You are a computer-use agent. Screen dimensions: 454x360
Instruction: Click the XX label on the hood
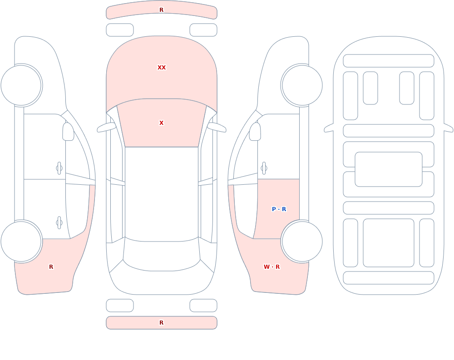162,68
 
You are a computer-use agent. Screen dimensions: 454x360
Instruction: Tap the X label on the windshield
162,123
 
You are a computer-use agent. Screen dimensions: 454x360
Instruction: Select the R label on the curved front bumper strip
162,10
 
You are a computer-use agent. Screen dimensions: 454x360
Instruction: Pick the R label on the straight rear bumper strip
162,323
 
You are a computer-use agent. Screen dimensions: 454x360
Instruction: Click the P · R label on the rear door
279,209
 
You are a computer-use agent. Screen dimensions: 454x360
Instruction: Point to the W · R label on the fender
271,267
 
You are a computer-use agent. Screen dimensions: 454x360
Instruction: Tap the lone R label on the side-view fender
51,267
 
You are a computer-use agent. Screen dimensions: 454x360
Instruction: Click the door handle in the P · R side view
264,168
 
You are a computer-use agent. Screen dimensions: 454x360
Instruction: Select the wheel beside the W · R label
302,241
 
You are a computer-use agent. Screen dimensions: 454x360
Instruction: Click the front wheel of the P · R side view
302,85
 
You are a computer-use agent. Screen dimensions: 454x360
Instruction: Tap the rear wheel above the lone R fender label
21,241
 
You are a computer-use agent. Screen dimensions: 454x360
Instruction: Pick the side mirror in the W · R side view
255,132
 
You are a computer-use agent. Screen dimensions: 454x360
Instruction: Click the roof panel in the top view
162,193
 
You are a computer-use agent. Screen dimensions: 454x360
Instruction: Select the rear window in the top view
162,254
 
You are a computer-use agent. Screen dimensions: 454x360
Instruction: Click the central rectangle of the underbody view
389,169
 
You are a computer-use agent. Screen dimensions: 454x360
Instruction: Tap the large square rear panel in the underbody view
389,243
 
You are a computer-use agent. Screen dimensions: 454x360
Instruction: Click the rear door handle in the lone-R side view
59,223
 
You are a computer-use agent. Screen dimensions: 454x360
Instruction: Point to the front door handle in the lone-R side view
59,168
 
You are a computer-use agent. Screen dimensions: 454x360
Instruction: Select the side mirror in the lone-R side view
69,132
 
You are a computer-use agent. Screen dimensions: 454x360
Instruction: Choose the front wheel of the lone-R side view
21,85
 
